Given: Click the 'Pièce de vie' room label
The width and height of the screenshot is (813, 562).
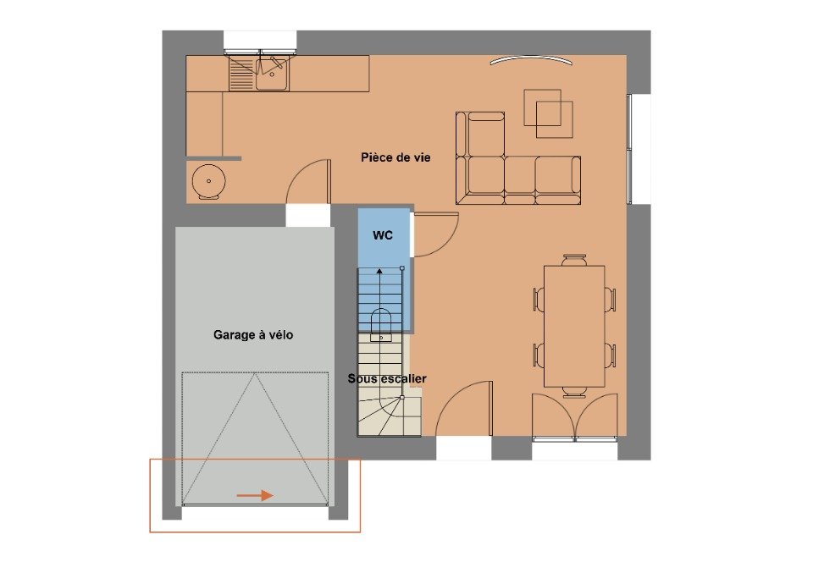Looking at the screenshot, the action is pyautogui.click(x=395, y=157).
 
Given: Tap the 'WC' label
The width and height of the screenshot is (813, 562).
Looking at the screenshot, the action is pyautogui.click(x=383, y=235).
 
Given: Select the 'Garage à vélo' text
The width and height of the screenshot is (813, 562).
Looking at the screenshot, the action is pyautogui.click(x=253, y=335).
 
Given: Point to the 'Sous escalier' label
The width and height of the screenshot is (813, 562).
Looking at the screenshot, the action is pyautogui.click(x=387, y=378).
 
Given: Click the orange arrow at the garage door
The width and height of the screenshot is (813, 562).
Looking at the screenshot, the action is pyautogui.click(x=255, y=496).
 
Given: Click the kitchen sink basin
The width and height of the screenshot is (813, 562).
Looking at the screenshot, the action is pyautogui.click(x=272, y=74).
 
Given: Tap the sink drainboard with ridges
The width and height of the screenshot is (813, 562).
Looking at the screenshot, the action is pyautogui.click(x=241, y=74).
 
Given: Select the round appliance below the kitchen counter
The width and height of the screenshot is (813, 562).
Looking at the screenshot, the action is pyautogui.click(x=208, y=182).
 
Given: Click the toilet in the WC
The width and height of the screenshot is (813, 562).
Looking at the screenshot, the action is pyautogui.click(x=381, y=325).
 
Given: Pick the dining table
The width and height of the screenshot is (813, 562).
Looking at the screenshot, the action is pyautogui.click(x=574, y=327).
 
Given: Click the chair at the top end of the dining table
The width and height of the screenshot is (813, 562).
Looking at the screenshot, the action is pyautogui.click(x=574, y=260).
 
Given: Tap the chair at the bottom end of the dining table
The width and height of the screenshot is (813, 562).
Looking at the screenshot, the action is pyautogui.click(x=574, y=392).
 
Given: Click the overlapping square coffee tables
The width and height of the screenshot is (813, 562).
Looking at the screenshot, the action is pyautogui.click(x=548, y=113).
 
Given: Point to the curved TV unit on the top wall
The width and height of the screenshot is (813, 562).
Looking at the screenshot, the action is pyautogui.click(x=532, y=58).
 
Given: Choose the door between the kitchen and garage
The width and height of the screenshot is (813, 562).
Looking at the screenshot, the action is pyautogui.click(x=308, y=181).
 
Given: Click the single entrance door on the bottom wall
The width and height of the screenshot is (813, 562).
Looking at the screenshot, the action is pyautogui.click(x=463, y=409).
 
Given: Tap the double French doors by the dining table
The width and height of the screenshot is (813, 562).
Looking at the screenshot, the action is pyautogui.click(x=575, y=416).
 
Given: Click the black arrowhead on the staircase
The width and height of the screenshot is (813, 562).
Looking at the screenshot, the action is pyautogui.click(x=379, y=271).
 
